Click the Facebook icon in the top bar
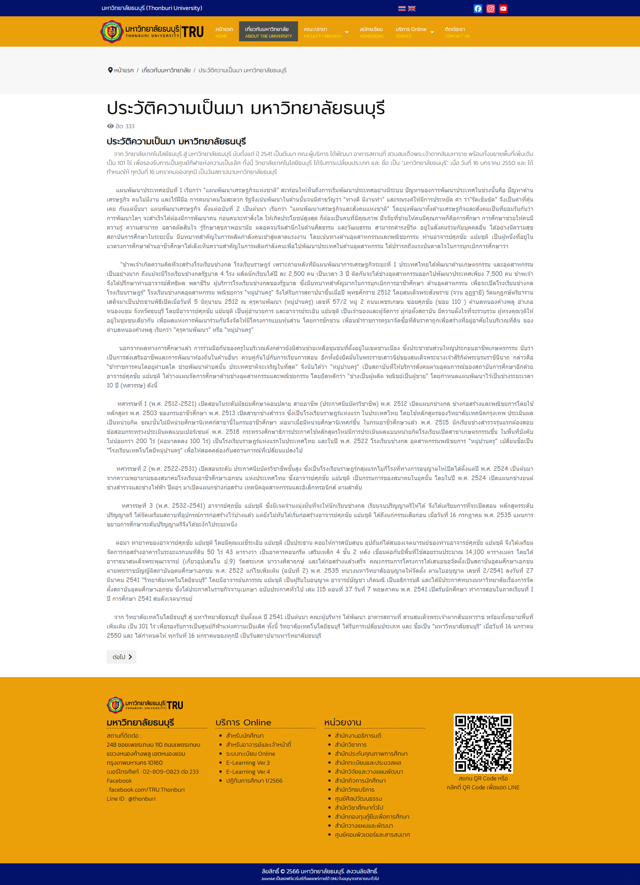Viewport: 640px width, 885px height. [x=478, y=9]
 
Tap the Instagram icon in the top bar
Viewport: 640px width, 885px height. [x=491, y=9]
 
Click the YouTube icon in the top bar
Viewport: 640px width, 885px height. [x=503, y=9]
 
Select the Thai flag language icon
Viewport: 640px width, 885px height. [x=402, y=9]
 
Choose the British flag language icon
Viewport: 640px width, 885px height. [x=412, y=9]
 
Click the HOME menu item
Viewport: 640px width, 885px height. [x=224, y=32]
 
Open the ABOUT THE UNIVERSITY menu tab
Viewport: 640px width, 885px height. [x=268, y=32]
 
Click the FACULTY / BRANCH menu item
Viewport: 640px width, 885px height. [x=322, y=32]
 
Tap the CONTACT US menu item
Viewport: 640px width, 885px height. [x=457, y=32]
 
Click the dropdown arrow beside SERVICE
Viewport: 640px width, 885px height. [x=432, y=32]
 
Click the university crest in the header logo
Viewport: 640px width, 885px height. [x=112, y=31]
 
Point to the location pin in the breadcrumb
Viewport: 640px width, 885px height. [x=110, y=70]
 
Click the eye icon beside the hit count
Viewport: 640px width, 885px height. [x=110, y=126]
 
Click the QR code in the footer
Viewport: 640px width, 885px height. [x=483, y=744]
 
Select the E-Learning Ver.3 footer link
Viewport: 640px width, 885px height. [x=248, y=763]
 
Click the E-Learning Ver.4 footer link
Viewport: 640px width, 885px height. [x=248, y=772]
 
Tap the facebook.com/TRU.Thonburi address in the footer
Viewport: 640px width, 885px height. [x=147, y=790]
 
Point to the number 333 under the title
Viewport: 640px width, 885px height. [x=130, y=126]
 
